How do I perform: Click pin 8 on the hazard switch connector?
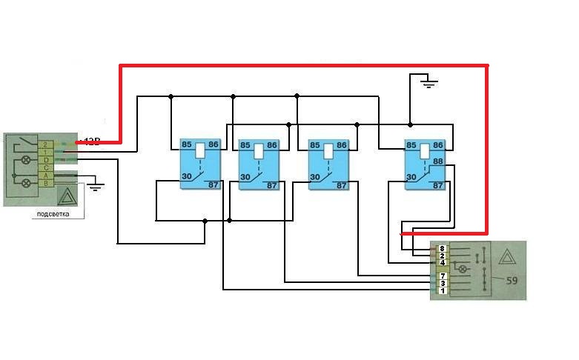click(x=442, y=248)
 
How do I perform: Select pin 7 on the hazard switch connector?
click(x=442, y=276)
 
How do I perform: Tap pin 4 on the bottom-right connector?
click(x=442, y=262)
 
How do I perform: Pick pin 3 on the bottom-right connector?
click(x=442, y=283)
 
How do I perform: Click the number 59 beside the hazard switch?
click(x=511, y=281)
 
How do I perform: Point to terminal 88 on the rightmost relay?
click(x=437, y=161)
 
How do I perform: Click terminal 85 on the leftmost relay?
click(x=188, y=145)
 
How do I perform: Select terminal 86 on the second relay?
click(x=271, y=145)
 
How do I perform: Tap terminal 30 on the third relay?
click(x=314, y=177)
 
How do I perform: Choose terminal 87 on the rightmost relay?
click(x=437, y=185)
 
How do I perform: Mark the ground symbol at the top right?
click(x=428, y=83)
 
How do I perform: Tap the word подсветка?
click(x=53, y=214)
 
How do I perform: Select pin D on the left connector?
click(x=46, y=160)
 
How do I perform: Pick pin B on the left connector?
click(x=46, y=183)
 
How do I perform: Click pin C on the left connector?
click(x=46, y=168)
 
